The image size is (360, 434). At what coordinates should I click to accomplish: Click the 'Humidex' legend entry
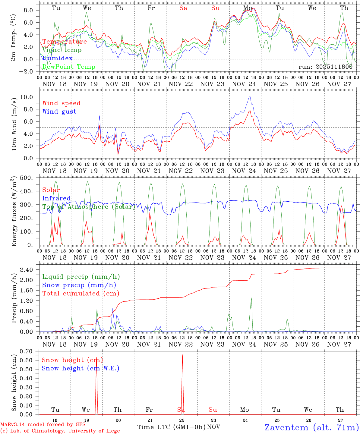tap(57, 58)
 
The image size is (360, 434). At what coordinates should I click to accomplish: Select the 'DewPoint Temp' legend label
tap(69, 67)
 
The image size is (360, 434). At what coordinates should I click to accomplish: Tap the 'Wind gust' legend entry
tap(59, 112)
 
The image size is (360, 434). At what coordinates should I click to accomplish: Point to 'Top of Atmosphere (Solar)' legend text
tap(89, 207)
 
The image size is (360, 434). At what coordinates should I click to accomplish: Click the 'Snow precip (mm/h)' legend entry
tap(79, 285)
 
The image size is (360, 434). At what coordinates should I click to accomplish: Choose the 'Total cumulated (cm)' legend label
tap(81, 293)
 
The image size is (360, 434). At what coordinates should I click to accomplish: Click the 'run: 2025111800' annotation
tap(325, 67)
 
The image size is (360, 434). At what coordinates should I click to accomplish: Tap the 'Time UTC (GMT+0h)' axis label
tap(171, 427)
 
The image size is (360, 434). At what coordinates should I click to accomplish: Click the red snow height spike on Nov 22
tap(182, 356)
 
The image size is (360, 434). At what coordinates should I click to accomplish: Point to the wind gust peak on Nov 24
tap(250, 96)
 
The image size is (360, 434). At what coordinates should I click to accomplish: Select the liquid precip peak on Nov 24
tap(251, 298)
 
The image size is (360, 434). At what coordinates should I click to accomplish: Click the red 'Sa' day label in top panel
tap(183, 8)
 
